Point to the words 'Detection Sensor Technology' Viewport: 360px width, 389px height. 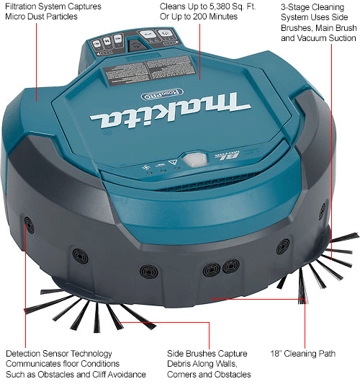tap(58, 354)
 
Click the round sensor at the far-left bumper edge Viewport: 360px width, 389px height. tap(28, 221)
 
